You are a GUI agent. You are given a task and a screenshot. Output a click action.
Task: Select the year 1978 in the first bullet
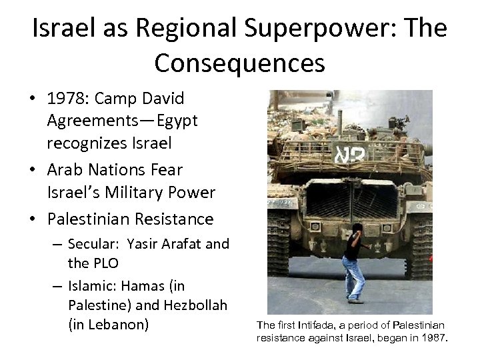[67, 99]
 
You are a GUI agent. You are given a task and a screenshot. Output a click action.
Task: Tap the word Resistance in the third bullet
[174, 219]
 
